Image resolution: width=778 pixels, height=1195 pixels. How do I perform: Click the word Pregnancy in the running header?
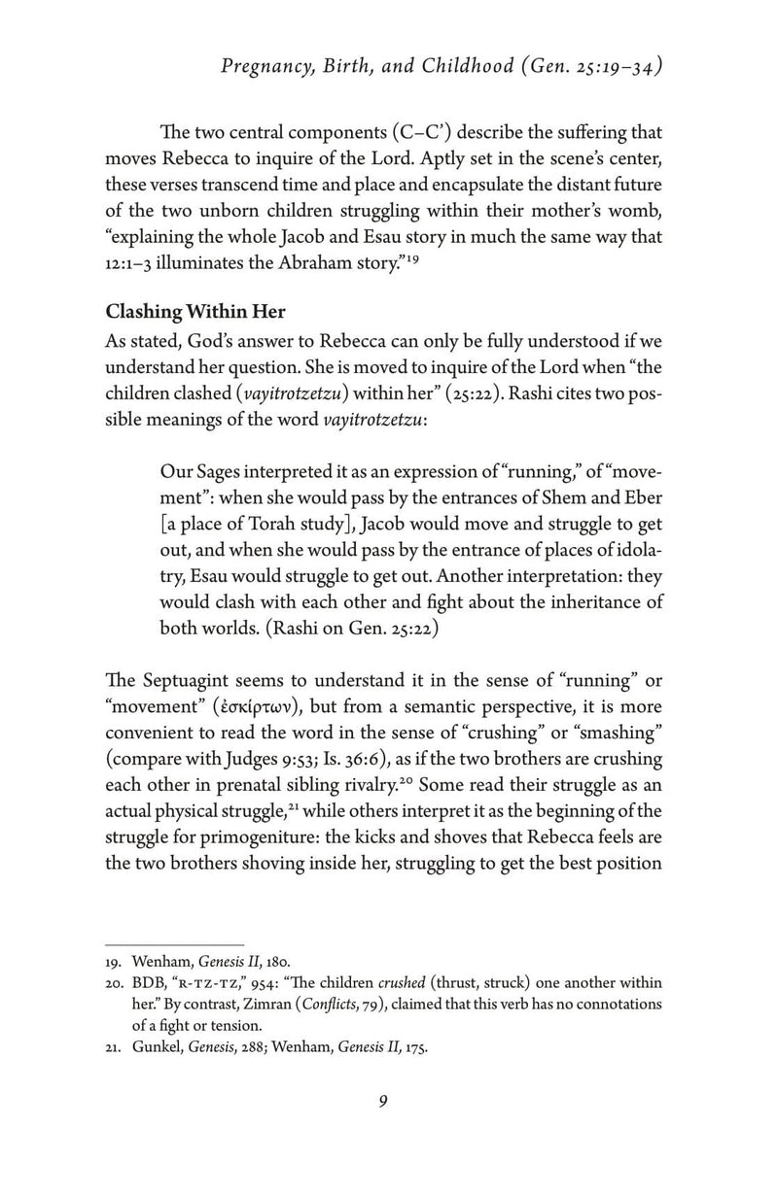[265, 67]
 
